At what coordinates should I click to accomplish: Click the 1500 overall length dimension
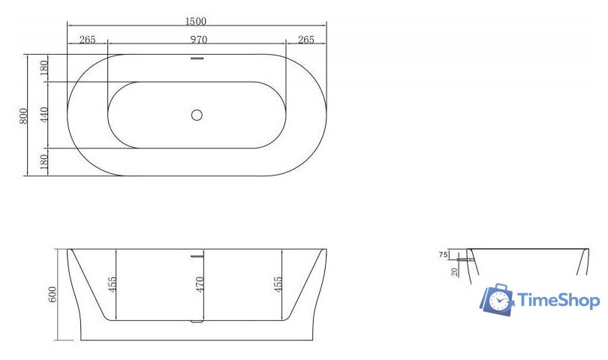197,21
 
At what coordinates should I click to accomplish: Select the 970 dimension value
197,40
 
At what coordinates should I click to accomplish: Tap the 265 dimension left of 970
87,40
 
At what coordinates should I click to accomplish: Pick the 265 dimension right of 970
306,40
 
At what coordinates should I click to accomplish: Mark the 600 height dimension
53,295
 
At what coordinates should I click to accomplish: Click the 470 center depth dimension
200,285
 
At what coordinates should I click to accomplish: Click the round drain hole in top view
197,115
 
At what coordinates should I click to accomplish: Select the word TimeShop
558,301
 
